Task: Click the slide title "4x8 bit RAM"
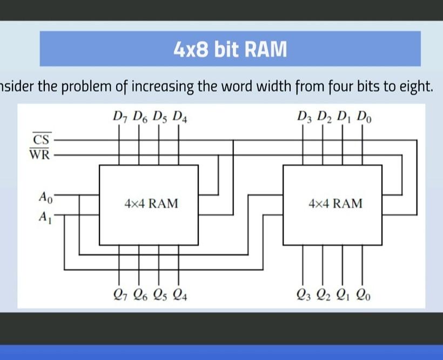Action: coord(230,50)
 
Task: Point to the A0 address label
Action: coord(45,196)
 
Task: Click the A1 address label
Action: coord(45,217)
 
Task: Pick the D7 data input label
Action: coord(119,117)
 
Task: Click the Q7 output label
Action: coord(120,295)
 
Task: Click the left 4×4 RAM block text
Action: coord(151,204)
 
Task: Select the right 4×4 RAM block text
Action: coord(335,204)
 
